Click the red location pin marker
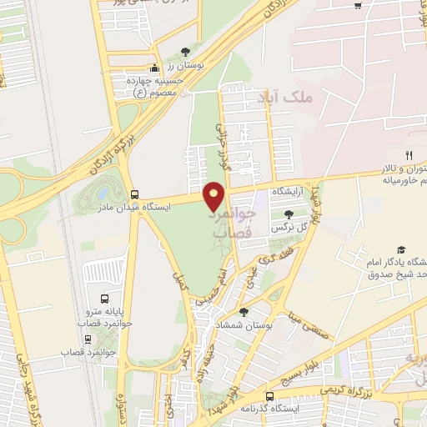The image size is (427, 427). [x=215, y=195]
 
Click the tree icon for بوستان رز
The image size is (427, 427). [x=184, y=52]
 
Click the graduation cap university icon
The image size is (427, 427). [x=400, y=249]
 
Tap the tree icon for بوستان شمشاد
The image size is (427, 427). [x=244, y=311]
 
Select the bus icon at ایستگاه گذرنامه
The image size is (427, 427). [x=269, y=396]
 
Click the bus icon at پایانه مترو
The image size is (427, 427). [x=104, y=298]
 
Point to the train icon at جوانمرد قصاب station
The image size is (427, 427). [x=88, y=339]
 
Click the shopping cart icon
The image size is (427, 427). [x=358, y=5]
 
